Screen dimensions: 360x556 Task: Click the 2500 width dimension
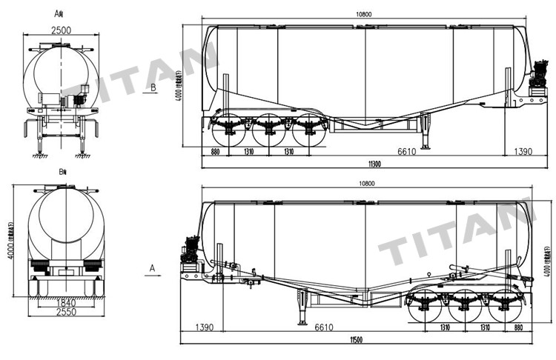[x=62, y=30]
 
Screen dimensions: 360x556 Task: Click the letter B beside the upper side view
[x=153, y=87]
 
